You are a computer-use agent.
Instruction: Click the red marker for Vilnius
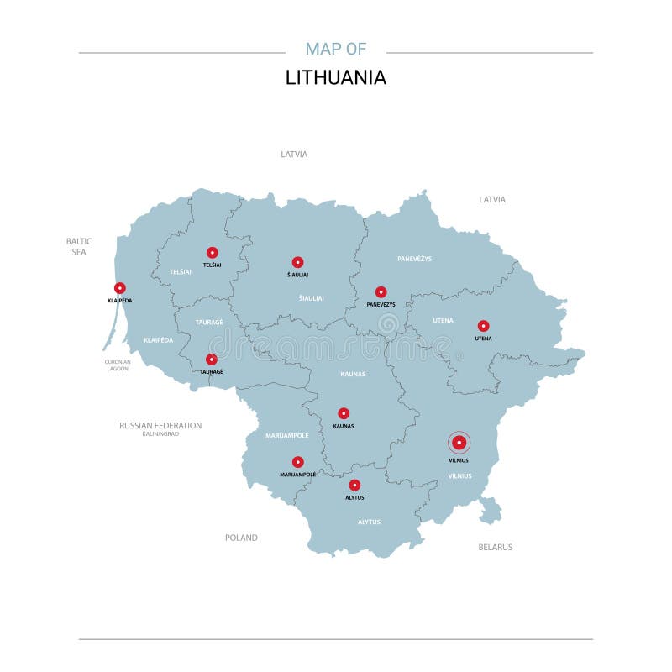pyautogui.click(x=459, y=443)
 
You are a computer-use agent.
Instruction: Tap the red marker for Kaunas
pyautogui.click(x=344, y=413)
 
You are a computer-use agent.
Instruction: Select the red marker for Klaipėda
pyautogui.click(x=120, y=288)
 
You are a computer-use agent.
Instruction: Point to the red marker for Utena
pyautogui.click(x=483, y=326)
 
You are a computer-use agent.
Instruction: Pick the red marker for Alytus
pyautogui.click(x=354, y=485)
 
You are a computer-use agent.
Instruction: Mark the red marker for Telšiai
pyautogui.click(x=212, y=252)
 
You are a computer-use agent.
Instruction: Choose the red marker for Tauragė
pyautogui.click(x=212, y=360)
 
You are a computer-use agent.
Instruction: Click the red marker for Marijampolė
pyautogui.click(x=297, y=462)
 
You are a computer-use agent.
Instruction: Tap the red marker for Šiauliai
pyautogui.click(x=297, y=262)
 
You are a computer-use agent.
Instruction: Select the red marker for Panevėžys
pyautogui.click(x=381, y=291)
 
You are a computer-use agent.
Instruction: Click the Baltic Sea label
pyautogui.click(x=79, y=246)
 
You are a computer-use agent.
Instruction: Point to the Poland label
pyautogui.click(x=241, y=538)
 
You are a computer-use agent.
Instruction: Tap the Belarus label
pyautogui.click(x=495, y=547)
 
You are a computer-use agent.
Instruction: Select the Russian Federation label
pyautogui.click(x=160, y=426)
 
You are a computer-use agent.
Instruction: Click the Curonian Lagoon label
pyautogui.click(x=118, y=365)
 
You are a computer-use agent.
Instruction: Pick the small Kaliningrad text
pyautogui.click(x=160, y=434)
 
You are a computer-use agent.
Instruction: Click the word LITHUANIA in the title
pyautogui.click(x=336, y=77)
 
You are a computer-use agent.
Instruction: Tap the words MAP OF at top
pyautogui.click(x=336, y=48)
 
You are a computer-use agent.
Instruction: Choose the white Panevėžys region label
pyautogui.click(x=415, y=259)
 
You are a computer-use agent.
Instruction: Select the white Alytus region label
pyautogui.click(x=369, y=522)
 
